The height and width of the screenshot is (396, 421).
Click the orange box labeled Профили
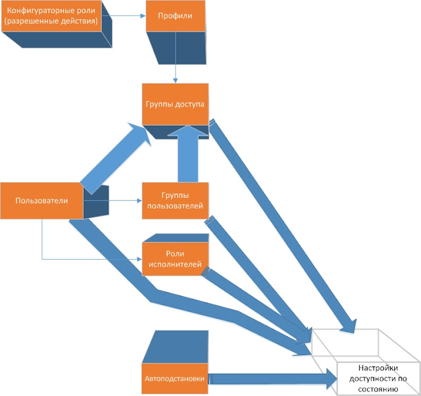point(176,16)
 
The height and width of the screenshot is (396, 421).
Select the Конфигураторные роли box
point(51,16)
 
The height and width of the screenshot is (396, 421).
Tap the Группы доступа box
point(175,104)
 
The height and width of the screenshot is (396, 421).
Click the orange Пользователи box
point(41,201)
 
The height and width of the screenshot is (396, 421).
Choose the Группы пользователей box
point(175,201)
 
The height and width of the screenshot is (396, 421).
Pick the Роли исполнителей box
point(175,259)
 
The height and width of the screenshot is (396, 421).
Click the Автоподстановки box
point(175,378)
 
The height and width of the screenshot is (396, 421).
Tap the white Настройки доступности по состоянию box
point(378,378)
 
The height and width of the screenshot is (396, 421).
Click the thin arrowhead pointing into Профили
point(143,16)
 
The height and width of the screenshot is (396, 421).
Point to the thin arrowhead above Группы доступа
point(176,80)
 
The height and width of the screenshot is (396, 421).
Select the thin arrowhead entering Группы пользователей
point(139,201)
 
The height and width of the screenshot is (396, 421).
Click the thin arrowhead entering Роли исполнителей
point(139,259)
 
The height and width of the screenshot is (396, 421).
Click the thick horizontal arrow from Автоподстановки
point(272,378)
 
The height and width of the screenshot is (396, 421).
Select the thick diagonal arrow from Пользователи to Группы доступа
point(116,159)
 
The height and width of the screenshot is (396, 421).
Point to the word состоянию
point(378,389)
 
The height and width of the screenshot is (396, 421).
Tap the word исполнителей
point(175,264)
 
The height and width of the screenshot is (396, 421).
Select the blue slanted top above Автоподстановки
point(176,347)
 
